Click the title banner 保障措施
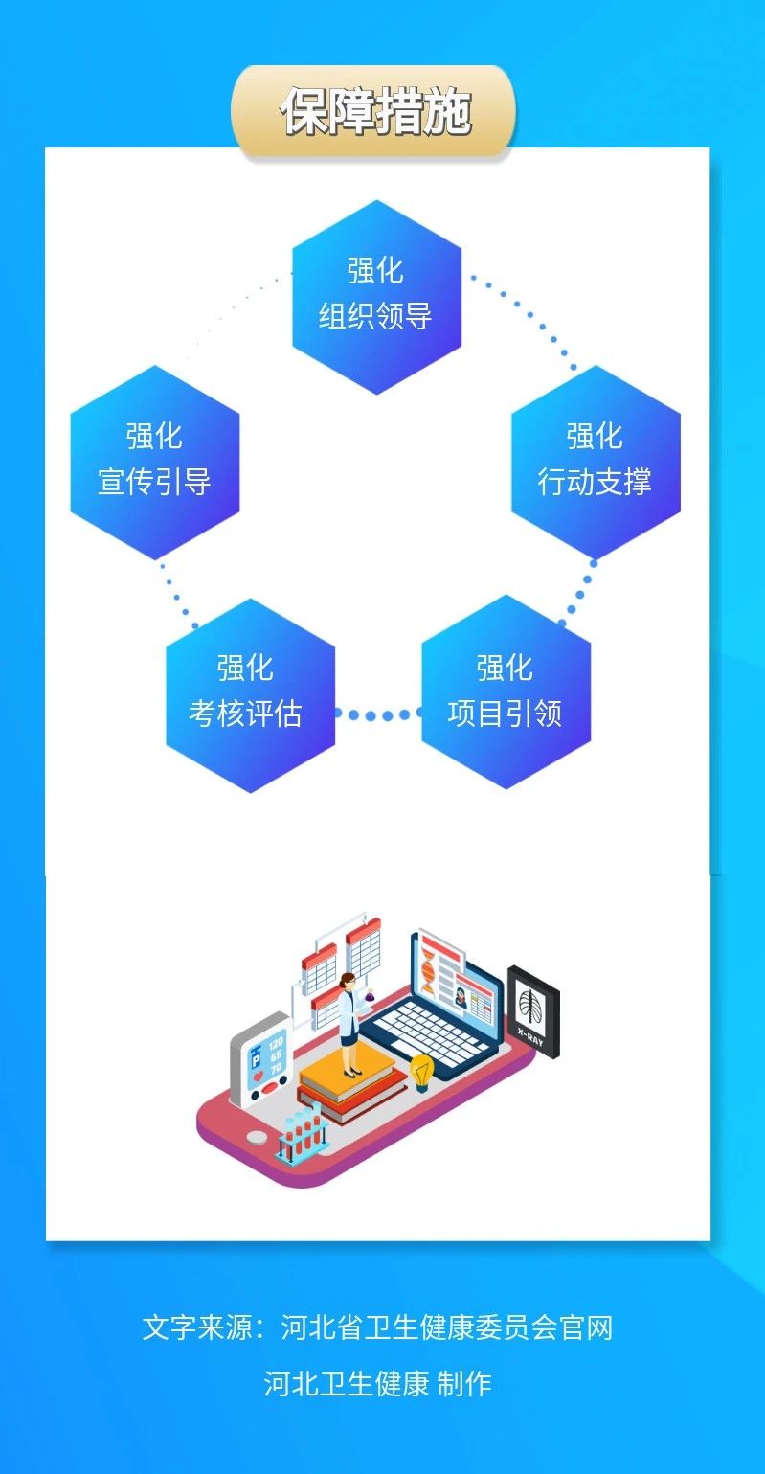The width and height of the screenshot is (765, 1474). [x=374, y=111]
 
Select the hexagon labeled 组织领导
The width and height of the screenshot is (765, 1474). [x=376, y=296]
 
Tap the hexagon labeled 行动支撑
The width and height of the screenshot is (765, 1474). [x=595, y=461]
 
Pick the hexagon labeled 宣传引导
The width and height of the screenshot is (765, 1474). [x=154, y=461]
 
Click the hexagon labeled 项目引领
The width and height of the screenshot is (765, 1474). [x=506, y=693]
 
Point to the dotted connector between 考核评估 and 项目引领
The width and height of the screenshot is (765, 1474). [x=378, y=714]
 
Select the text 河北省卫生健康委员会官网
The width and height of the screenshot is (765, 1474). [x=446, y=1327]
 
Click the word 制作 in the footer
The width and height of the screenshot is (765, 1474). [x=464, y=1383]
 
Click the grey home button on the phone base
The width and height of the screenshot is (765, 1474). [x=258, y=1137]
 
